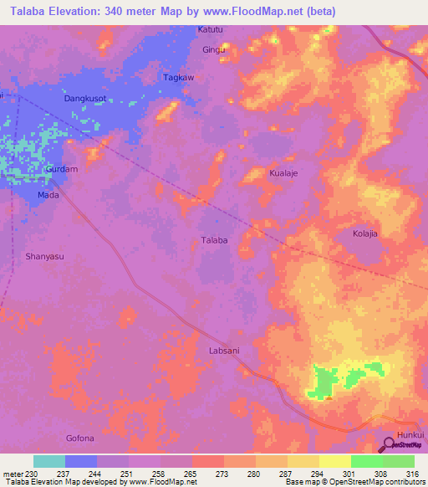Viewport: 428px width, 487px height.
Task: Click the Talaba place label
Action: click(214, 240)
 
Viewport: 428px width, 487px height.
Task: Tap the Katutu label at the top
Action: click(211, 30)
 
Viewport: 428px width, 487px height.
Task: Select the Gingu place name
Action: click(214, 50)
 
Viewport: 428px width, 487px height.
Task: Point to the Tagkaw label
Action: click(178, 77)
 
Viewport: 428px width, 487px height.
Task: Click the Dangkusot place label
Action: click(85, 99)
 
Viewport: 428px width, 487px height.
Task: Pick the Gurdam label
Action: click(62, 169)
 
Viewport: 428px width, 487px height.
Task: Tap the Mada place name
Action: click(48, 195)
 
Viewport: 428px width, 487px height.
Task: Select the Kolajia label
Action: click(365, 233)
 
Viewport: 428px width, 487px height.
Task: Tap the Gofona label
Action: click(80, 438)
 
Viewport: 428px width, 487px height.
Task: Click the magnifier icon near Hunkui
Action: click(390, 445)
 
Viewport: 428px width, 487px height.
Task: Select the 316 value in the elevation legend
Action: click(412, 473)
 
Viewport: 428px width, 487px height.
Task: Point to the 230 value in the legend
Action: click(30, 473)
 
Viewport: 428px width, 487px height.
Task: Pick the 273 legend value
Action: click(222, 473)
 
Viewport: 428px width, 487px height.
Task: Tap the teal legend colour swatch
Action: click(49, 461)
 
